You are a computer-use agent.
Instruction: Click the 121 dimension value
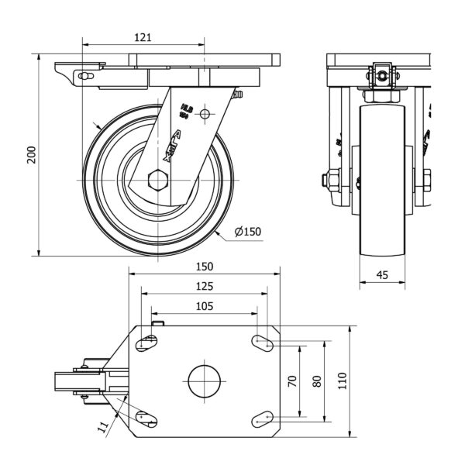[x=142, y=36]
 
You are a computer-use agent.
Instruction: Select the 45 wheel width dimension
[x=382, y=274]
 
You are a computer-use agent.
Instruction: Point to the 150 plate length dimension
[x=204, y=266]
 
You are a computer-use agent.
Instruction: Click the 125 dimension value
[x=204, y=286]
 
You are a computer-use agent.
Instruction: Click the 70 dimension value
[x=292, y=381]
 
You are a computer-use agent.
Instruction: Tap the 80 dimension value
[x=316, y=381]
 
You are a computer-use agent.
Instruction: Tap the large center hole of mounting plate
[x=205, y=380]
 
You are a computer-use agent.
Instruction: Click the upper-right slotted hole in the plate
[x=263, y=341]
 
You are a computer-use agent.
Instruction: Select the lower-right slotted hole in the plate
[x=263, y=418]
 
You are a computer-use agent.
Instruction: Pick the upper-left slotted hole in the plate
[x=146, y=342]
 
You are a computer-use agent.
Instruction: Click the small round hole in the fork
[x=205, y=114]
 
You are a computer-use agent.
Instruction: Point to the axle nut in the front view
[x=330, y=181]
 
